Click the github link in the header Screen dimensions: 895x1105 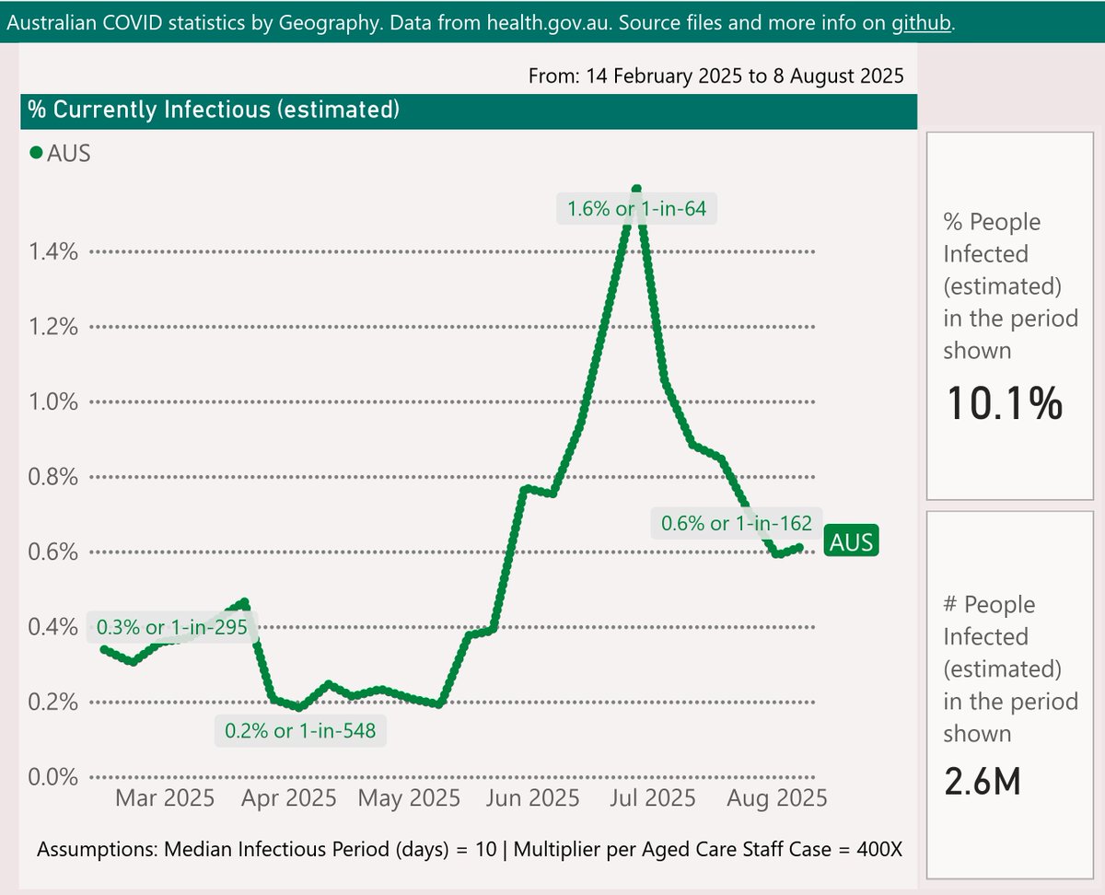[922, 23]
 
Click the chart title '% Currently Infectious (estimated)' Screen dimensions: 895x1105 [213, 110]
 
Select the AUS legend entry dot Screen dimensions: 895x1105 [36, 154]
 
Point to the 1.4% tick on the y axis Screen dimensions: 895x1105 [54, 251]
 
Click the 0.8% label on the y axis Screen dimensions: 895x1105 [54, 477]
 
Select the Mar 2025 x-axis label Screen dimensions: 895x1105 [165, 797]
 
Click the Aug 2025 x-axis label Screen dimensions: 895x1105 [778, 797]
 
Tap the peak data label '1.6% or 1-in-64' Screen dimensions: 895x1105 [636, 209]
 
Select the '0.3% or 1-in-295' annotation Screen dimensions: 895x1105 [172, 628]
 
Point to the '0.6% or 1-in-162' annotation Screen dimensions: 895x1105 [736, 524]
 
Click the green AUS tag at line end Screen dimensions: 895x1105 [851, 542]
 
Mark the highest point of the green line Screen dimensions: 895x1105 [636, 189]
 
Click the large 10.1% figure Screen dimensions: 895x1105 [1004, 404]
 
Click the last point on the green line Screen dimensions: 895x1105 [800, 547]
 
